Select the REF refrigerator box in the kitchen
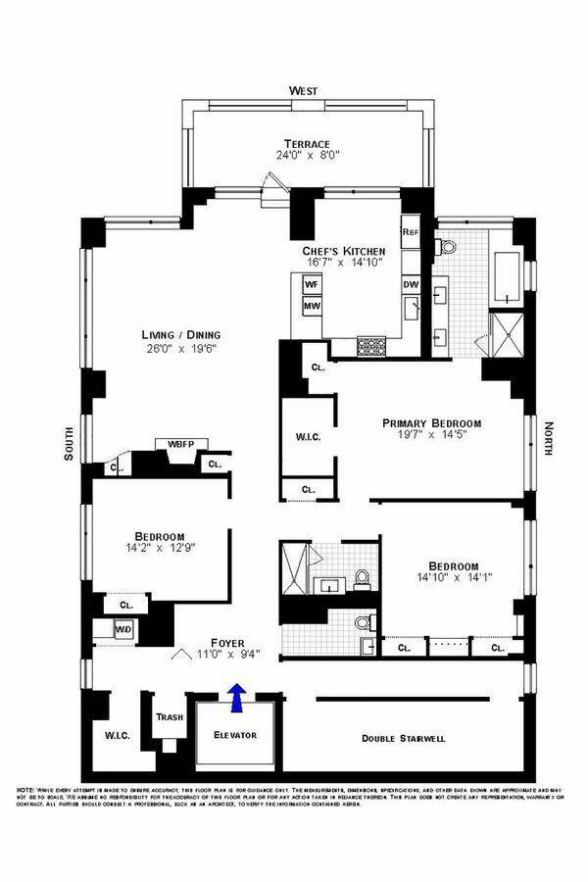(411, 232)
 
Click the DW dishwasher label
(411, 284)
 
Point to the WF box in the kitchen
(313, 284)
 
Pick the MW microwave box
(313, 305)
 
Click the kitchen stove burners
(373, 345)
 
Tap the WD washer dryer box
(123, 629)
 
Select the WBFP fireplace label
(180, 444)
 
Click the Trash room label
(170, 716)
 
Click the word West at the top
(303, 91)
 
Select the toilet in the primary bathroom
(450, 246)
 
